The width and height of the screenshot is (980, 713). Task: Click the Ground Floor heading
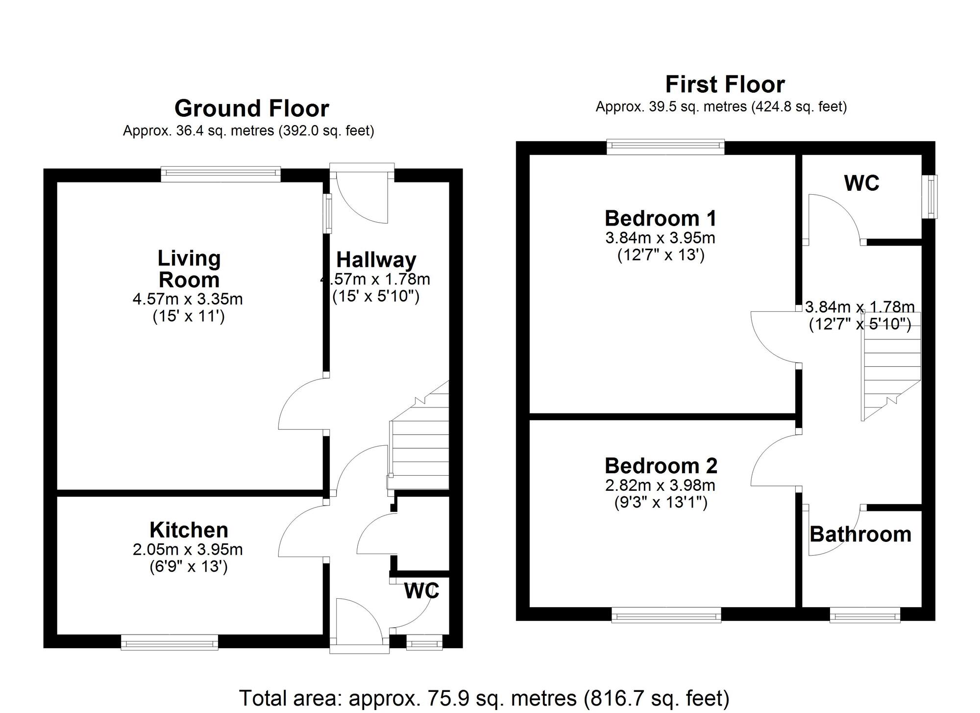251,108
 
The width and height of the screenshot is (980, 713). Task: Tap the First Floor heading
725,84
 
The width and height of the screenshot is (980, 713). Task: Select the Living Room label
189,269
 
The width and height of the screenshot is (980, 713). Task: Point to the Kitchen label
189,530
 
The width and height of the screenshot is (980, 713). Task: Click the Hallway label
376,260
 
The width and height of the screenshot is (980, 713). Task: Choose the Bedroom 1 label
661,218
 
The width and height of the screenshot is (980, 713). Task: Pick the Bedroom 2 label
661,466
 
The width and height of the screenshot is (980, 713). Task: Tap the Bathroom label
860,534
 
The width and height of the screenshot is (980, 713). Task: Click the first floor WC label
861,183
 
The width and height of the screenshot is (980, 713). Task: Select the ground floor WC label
421,591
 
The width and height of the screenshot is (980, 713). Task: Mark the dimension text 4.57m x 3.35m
188,299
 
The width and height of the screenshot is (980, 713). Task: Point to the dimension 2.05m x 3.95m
188,550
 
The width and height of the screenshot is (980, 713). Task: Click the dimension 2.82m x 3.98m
661,485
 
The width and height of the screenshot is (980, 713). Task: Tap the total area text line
484,698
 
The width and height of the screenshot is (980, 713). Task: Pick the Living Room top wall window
221,174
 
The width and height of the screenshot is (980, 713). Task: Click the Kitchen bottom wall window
170,642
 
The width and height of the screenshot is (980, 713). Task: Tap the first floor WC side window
930,197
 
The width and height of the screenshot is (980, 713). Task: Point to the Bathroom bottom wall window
865,615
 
